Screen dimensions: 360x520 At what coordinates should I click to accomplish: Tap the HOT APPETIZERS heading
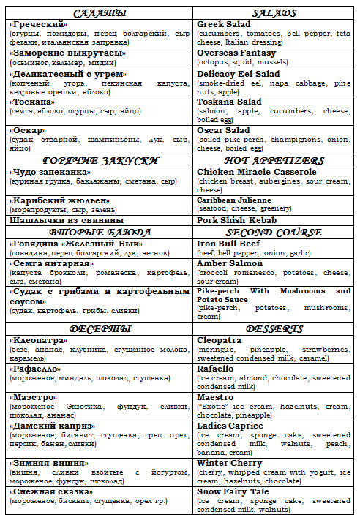tap(274, 159)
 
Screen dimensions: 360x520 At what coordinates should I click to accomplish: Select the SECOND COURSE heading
tap(274, 233)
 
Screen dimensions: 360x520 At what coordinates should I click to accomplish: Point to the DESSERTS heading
tap(274, 330)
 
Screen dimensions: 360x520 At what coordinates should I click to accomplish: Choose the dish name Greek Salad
tap(223, 24)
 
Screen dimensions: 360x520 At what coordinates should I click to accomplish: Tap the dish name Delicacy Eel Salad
tap(239, 72)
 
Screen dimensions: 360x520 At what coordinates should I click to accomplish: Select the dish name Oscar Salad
tap(223, 130)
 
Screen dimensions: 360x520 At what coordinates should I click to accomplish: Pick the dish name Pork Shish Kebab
tap(237, 220)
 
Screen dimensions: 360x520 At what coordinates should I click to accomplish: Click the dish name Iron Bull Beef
tap(229, 243)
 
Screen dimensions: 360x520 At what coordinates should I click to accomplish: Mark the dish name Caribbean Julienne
tap(234, 200)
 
